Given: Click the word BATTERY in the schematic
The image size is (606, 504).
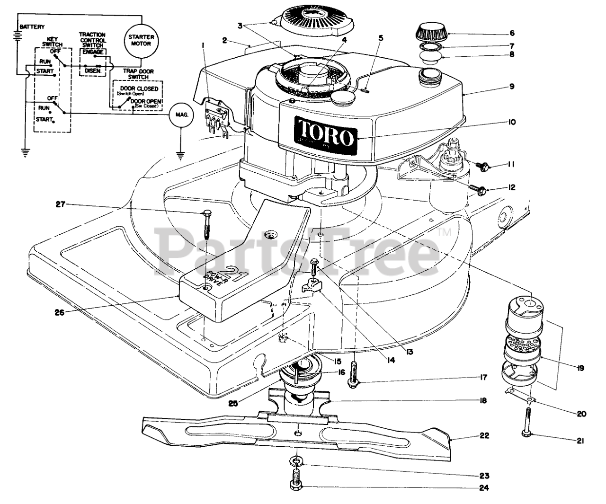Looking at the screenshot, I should [33, 27].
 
